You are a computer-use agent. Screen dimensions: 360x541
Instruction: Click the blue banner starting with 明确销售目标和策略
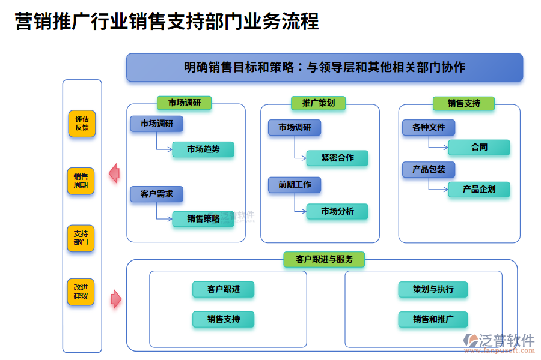point(324,67)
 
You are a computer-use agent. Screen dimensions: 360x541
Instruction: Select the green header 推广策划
point(318,103)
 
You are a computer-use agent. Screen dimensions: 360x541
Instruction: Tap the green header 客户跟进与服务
point(324,259)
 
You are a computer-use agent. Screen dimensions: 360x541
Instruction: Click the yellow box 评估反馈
point(81,124)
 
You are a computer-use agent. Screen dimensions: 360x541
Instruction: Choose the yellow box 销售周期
point(81,181)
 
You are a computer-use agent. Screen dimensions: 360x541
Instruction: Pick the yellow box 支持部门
point(81,238)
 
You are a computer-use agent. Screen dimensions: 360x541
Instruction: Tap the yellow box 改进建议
point(81,292)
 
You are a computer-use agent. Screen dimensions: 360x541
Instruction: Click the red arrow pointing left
point(114,173)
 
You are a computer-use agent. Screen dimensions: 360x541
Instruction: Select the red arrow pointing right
point(116,298)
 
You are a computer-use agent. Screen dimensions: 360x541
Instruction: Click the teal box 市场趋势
point(203,149)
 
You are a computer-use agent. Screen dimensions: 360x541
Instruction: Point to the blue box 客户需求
point(156,194)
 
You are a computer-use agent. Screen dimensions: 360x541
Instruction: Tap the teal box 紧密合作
point(337,158)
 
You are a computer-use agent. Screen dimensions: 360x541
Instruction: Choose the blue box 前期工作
point(294,185)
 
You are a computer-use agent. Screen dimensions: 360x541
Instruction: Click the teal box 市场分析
point(337,211)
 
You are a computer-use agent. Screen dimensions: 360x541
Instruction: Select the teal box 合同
point(478,148)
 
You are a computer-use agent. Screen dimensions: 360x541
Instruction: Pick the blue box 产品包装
point(428,170)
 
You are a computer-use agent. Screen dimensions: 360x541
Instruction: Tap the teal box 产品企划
point(478,190)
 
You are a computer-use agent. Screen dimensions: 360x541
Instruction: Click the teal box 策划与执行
point(432,289)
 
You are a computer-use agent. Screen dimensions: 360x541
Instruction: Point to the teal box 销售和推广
point(432,319)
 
